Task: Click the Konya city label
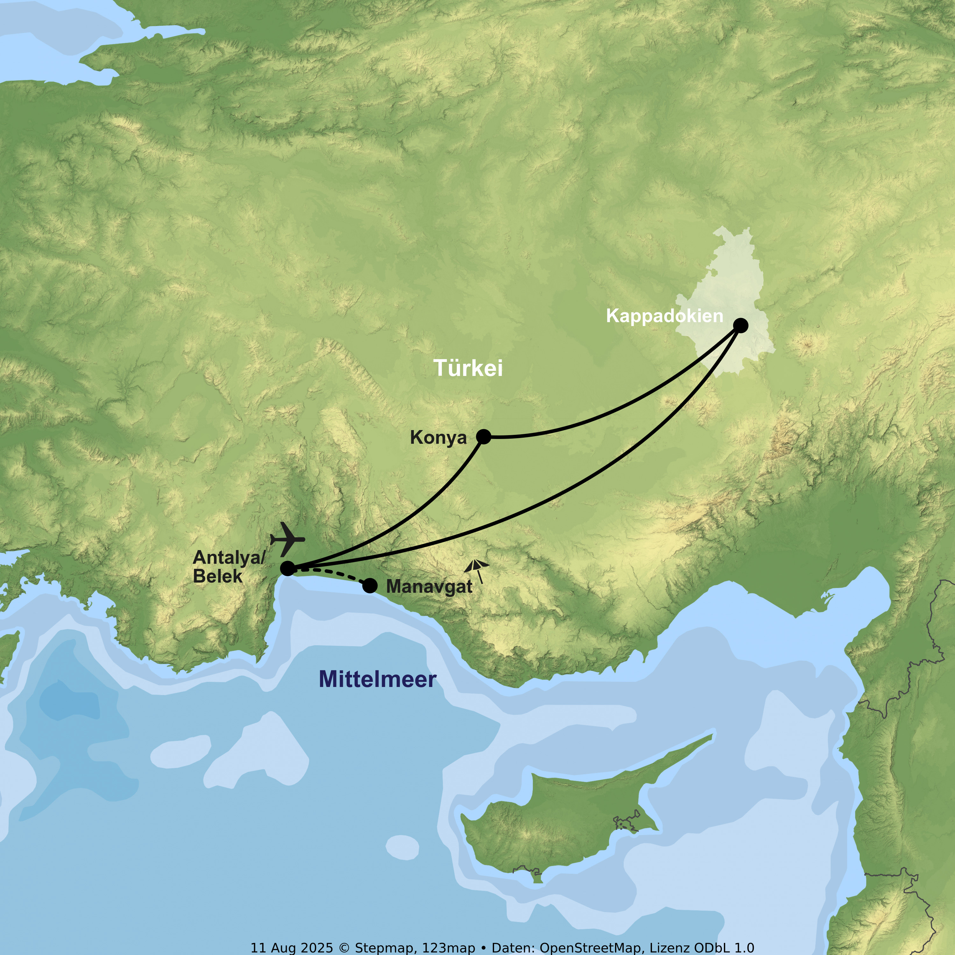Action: (x=438, y=438)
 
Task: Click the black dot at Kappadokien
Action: (x=740, y=325)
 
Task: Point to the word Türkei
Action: (x=468, y=368)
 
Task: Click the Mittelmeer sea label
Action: (x=378, y=679)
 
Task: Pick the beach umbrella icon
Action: (x=477, y=570)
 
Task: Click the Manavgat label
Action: (x=429, y=586)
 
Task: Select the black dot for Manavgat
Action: (x=370, y=586)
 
